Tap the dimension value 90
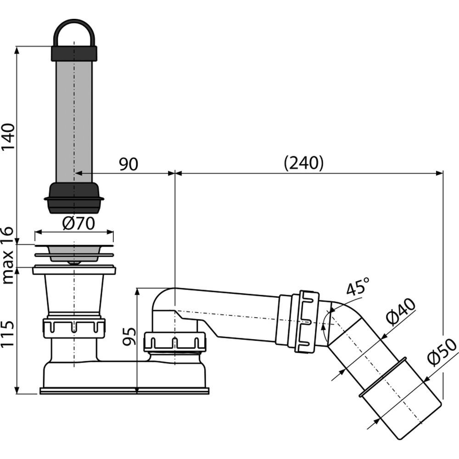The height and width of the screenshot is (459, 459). tap(129, 164)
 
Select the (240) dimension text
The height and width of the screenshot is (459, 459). tap(303, 163)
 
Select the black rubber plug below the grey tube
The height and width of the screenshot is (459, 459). tap(74, 197)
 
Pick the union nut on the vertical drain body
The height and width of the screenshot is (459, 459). tap(74, 327)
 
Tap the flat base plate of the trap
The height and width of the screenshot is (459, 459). tap(124, 391)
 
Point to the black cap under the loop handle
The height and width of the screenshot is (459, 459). tap(74, 53)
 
